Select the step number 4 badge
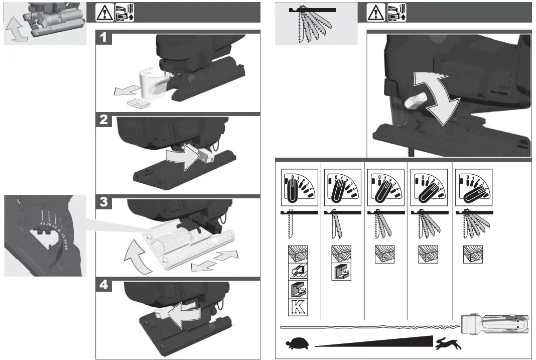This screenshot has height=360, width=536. (x=103, y=285)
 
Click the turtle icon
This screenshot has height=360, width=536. (x=298, y=344)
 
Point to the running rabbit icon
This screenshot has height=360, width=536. (x=448, y=344)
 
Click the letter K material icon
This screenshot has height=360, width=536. (x=298, y=306)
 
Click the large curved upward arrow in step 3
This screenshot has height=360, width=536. (x=137, y=257)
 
